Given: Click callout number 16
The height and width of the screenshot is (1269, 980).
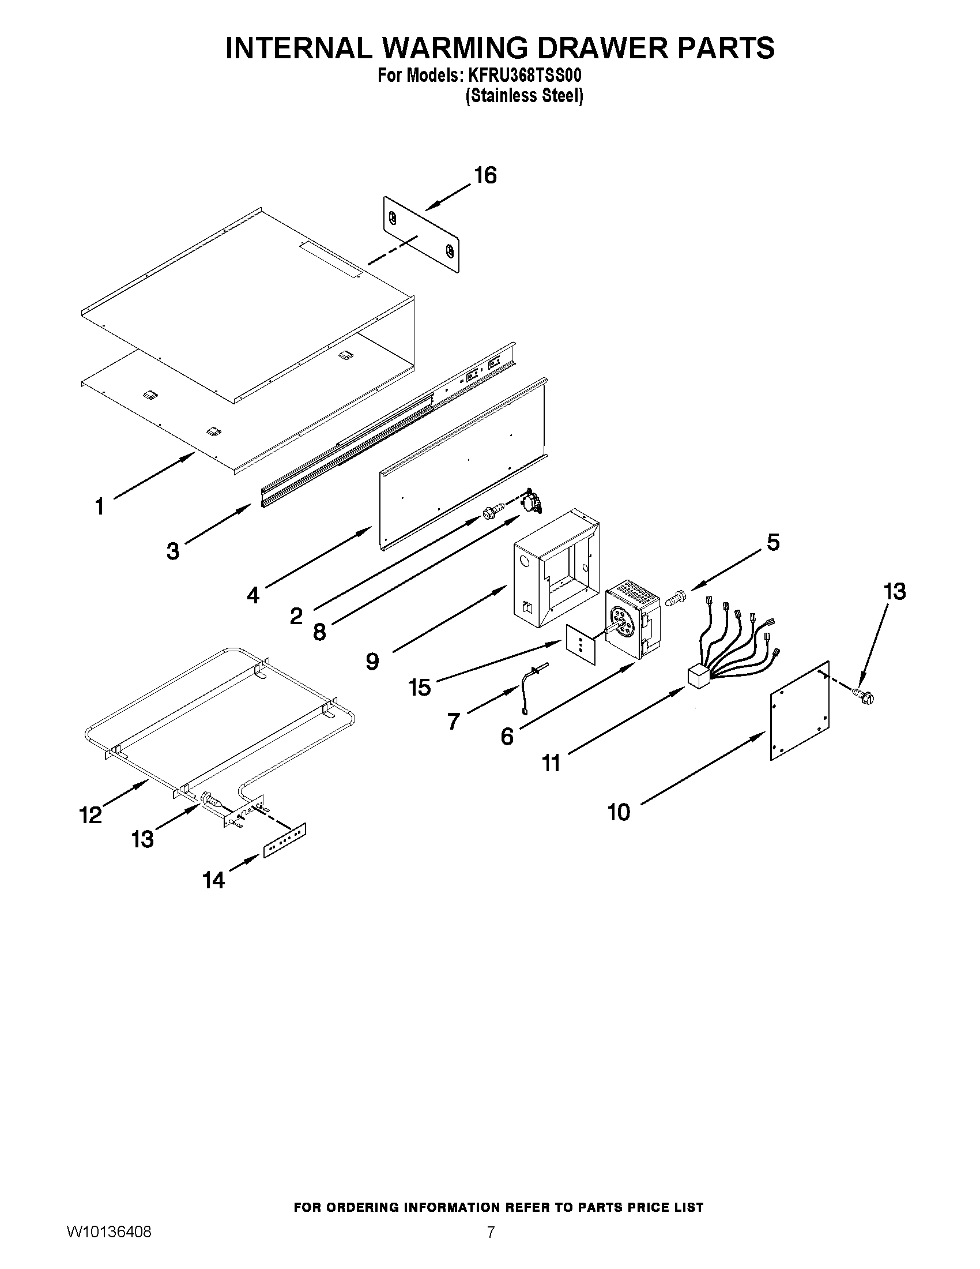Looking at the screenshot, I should (x=485, y=175).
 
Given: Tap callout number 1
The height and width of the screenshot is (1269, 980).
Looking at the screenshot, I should (x=100, y=506).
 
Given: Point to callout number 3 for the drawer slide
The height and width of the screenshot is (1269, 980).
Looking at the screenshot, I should (x=173, y=551).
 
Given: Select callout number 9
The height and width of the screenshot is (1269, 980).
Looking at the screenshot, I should (x=372, y=661).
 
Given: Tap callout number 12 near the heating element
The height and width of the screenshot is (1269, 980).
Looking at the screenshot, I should (x=91, y=815).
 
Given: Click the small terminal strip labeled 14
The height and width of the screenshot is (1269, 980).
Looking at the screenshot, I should (x=284, y=840).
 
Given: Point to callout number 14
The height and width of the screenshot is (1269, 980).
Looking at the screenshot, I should (x=213, y=880).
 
